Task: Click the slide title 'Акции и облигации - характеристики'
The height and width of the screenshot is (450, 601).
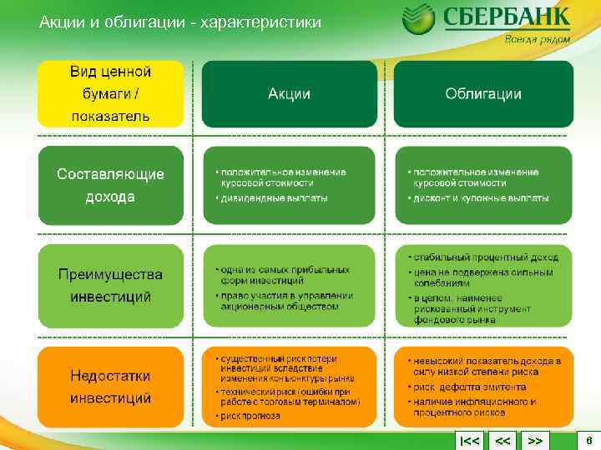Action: pyautogui.click(x=179, y=22)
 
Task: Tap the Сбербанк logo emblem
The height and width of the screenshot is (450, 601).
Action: pyautogui.click(x=418, y=21)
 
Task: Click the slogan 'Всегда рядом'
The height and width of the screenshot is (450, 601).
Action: pyautogui.click(x=538, y=38)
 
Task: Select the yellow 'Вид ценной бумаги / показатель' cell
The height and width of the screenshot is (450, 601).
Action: pyautogui.click(x=110, y=93)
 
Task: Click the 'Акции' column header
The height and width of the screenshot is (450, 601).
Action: pyautogui.click(x=289, y=94)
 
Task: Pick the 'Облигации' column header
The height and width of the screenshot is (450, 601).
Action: pyautogui.click(x=483, y=94)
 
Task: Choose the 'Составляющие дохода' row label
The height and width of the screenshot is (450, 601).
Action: pyautogui.click(x=110, y=185)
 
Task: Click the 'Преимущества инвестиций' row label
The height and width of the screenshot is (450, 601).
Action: pyautogui.click(x=110, y=285)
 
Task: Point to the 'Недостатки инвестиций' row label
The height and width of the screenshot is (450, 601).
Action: pyautogui.click(x=110, y=387)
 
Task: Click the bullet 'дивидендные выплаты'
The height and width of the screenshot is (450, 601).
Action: pyautogui.click(x=274, y=198)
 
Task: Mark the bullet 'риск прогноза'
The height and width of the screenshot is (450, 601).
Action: pyautogui.click(x=251, y=416)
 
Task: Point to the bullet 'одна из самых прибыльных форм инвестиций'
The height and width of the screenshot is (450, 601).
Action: pyautogui.click(x=285, y=276)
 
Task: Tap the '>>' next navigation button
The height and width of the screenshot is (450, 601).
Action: pyautogui.click(x=536, y=440)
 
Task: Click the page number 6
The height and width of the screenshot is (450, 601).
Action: pyautogui.click(x=588, y=440)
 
